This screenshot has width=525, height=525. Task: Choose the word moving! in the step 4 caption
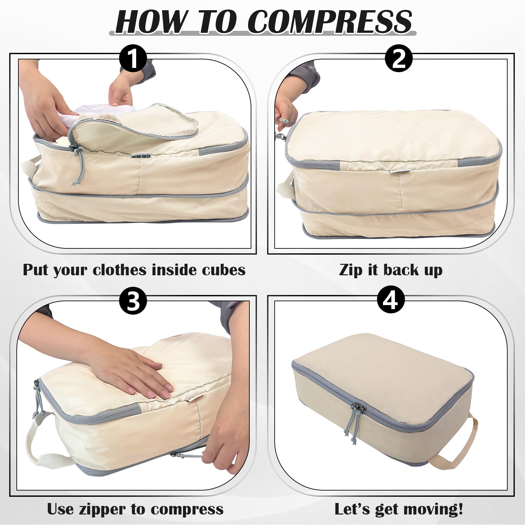pyautogui.click(x=434, y=510)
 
